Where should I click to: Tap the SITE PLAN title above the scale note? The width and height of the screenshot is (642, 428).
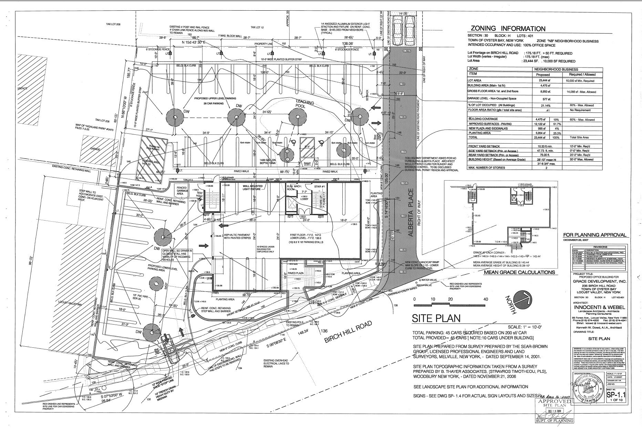(436, 318)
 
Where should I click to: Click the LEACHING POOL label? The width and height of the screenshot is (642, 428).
(304, 103)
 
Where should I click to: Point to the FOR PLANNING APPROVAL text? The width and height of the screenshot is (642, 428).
(594, 235)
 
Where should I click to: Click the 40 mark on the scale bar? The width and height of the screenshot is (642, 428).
(485, 299)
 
